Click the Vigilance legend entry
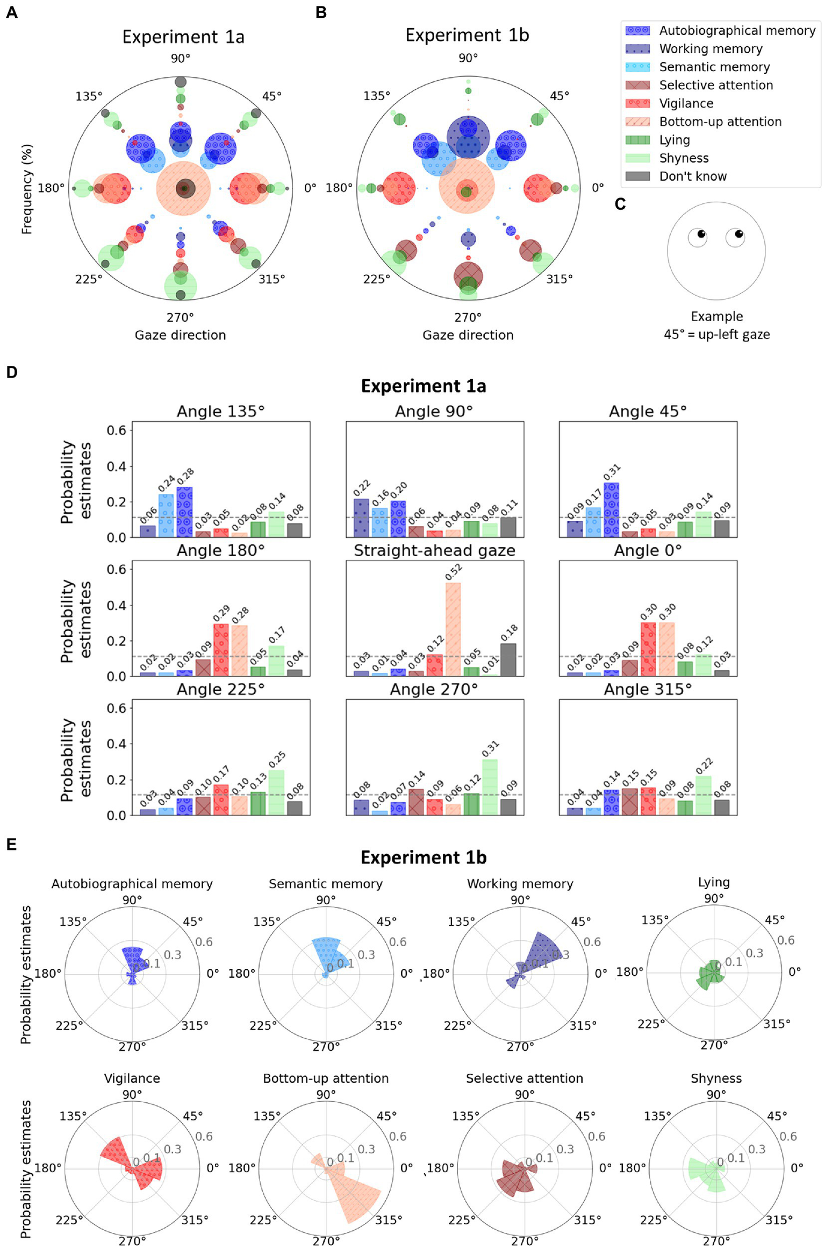coord(686,103)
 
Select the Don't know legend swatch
coord(637,176)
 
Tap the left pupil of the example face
coord(701,234)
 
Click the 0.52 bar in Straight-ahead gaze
coord(453,629)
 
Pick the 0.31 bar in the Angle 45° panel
coord(611,509)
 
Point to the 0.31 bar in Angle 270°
coord(490,786)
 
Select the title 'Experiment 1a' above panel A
coord(183,37)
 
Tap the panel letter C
coord(620,204)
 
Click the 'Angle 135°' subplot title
coord(220,412)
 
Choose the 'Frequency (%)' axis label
coord(26,189)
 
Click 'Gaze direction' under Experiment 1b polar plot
coord(468,335)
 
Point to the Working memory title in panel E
coord(520,884)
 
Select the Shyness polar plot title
coord(716,1078)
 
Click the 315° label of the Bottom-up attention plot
coord(388,1220)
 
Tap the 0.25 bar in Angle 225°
coord(276,792)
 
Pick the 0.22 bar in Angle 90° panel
coord(361,517)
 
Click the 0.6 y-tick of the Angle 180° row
coord(116,569)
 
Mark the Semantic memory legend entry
coord(714,67)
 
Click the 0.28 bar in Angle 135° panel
coord(184,512)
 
